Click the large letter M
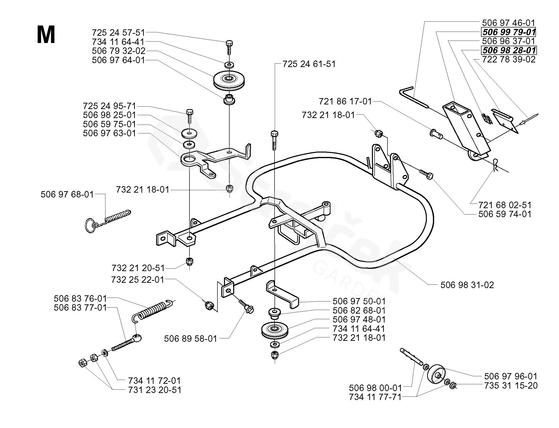46,35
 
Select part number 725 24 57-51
119,33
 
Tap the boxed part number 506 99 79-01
509,32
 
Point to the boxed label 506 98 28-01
509,50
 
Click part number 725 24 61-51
309,64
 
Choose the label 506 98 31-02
467,285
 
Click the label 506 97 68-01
67,194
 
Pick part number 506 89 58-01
190,339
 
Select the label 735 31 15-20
511,385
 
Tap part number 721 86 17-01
345,101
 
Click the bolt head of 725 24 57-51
229,43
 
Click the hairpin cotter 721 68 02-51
495,165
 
